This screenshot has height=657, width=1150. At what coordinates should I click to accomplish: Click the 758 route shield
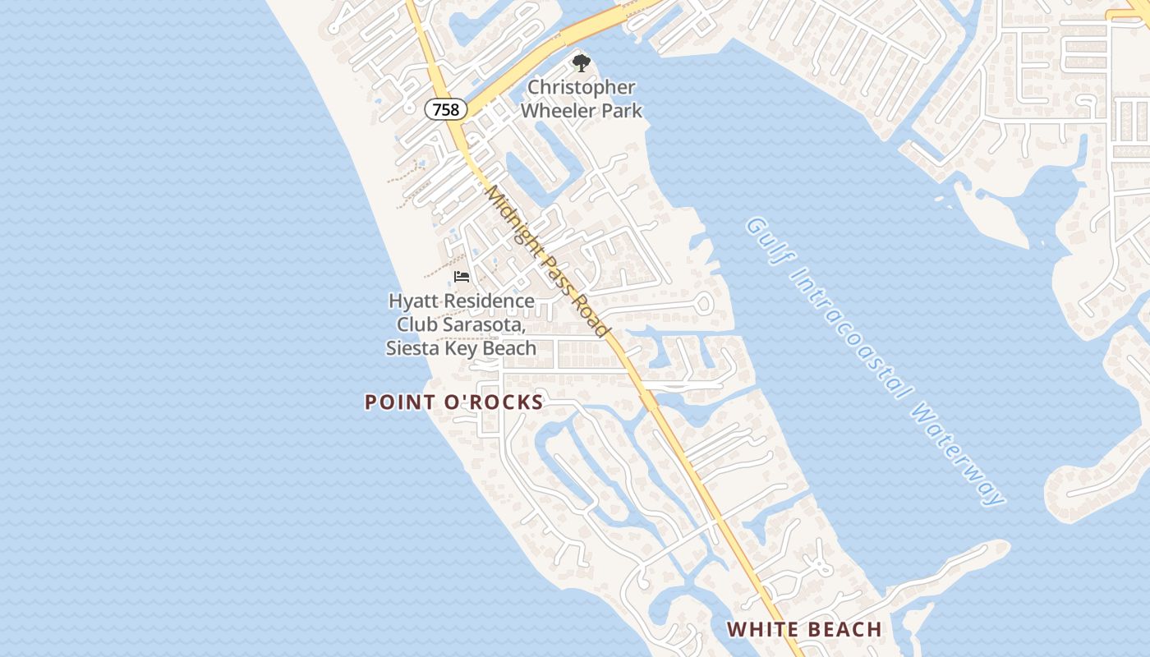pos(446,109)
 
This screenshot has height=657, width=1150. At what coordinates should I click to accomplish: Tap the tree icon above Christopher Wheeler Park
pos(581,63)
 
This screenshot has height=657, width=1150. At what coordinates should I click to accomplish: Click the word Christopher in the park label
pos(581,87)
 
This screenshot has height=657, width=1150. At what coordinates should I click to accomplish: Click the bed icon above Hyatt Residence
pos(462,277)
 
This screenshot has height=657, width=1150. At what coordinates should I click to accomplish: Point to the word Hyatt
pos(411,301)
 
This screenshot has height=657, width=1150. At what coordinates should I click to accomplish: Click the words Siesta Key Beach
pos(461,348)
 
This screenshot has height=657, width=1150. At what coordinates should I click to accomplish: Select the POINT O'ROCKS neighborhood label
pos(453,402)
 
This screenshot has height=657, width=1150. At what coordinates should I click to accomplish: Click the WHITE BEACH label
pos(804,630)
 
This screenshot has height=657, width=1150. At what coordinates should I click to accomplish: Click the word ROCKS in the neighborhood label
pos(508,402)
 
